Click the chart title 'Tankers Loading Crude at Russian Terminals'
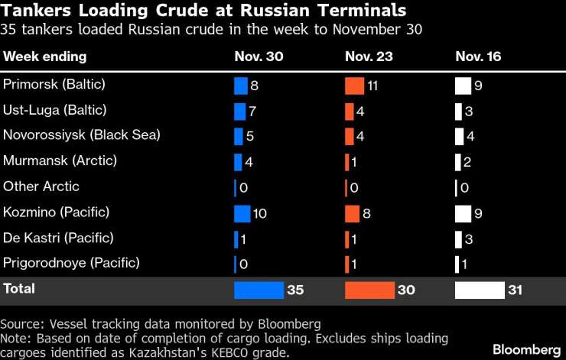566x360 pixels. pos(203,11)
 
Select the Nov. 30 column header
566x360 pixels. pos(255,57)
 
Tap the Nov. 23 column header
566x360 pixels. pos(366,57)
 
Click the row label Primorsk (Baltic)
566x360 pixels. pos(54,85)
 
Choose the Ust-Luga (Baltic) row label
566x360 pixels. pos(55,110)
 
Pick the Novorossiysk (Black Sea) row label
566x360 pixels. pos(82,135)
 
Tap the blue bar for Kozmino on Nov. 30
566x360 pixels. pos(242,212)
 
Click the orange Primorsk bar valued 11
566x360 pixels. pos(355,86)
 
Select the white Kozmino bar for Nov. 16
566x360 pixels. pos(464,212)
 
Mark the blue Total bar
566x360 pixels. pos(259,290)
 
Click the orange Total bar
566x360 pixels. pos(369,290)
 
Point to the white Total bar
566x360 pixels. pos(480,290)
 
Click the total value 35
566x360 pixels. pos(296,290)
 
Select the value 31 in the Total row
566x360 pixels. pos(516,290)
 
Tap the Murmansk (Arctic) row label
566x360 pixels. pos(60,161)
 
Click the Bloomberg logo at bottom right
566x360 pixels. pos(526,349)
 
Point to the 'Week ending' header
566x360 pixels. pos(45,57)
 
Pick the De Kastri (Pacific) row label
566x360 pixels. pos(59,238)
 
